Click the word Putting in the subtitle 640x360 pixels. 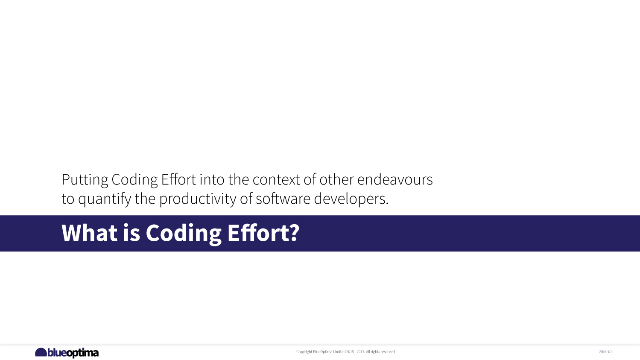pos(85,180)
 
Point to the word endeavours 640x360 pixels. pos(395,180)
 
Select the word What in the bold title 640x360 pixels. pos(89,233)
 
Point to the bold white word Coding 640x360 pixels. pos(184,233)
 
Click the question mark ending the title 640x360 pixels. pos(294,233)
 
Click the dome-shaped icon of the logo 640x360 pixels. pos(41,352)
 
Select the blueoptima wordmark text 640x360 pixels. pos(73,353)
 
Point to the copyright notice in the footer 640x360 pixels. pos(345,352)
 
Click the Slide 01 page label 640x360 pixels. pos(605,352)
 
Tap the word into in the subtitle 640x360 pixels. pos(212,180)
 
